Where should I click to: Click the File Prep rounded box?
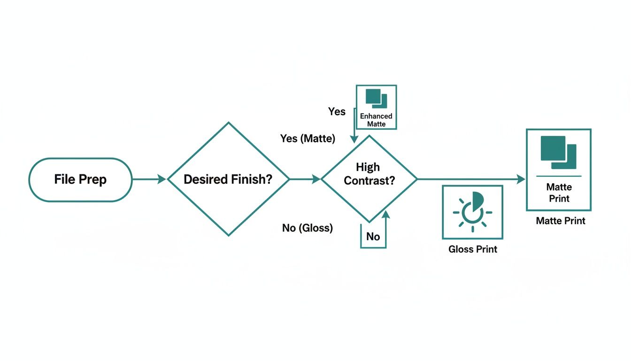tap(80, 180)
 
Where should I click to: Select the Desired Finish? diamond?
tap(228, 179)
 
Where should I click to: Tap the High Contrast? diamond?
tap(369, 179)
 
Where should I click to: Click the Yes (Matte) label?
tap(308, 139)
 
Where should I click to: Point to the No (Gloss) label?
tap(308, 228)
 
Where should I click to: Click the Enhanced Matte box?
tap(376, 107)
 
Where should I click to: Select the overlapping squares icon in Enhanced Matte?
tap(376, 98)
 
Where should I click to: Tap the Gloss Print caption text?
tap(472, 249)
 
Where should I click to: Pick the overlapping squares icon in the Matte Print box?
tap(558, 152)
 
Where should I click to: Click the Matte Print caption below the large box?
tap(561, 220)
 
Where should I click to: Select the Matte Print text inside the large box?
tap(559, 193)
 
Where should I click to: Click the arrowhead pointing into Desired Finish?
tap(162, 179)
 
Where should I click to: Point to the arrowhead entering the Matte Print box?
tap(521, 179)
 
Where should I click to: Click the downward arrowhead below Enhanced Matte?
tap(354, 139)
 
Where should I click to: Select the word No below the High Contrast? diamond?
tap(373, 236)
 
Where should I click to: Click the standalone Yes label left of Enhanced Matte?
tap(337, 112)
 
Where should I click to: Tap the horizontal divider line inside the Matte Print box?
tap(558, 176)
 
